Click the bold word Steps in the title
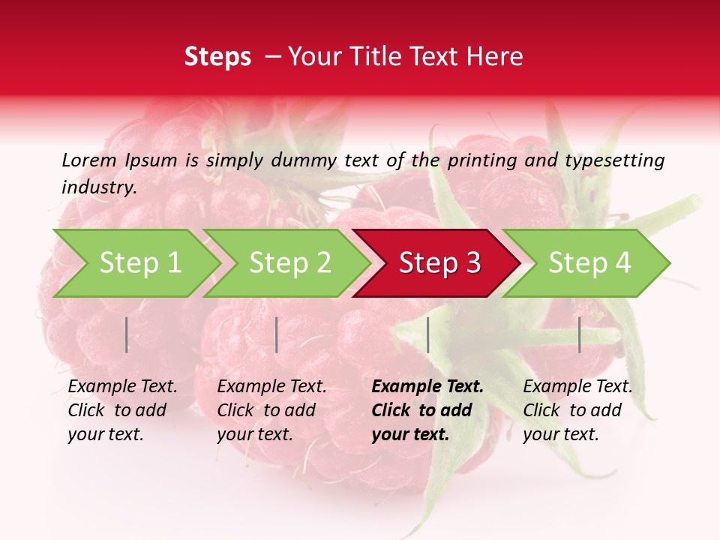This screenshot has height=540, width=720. pos(217,57)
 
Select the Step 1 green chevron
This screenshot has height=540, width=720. pos(139,263)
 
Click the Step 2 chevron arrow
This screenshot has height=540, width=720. pos(289,263)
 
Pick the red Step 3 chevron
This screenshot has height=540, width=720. pos(439,263)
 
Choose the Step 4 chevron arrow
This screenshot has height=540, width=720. pos(589,263)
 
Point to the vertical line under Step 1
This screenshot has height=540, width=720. pos(127,334)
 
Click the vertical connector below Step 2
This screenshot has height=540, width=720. pos(277,334)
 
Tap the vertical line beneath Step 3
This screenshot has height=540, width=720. pos(427,334)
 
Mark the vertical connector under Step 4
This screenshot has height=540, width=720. pos(579,334)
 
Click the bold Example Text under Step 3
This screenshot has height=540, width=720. pos(427,387)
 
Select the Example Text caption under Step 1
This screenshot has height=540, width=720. pos(122,387)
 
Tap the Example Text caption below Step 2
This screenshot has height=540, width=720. pos(271,387)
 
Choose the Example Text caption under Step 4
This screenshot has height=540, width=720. pos(577,387)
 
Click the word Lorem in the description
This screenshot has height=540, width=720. pos(88,160)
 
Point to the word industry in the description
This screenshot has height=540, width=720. pos(99,187)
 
